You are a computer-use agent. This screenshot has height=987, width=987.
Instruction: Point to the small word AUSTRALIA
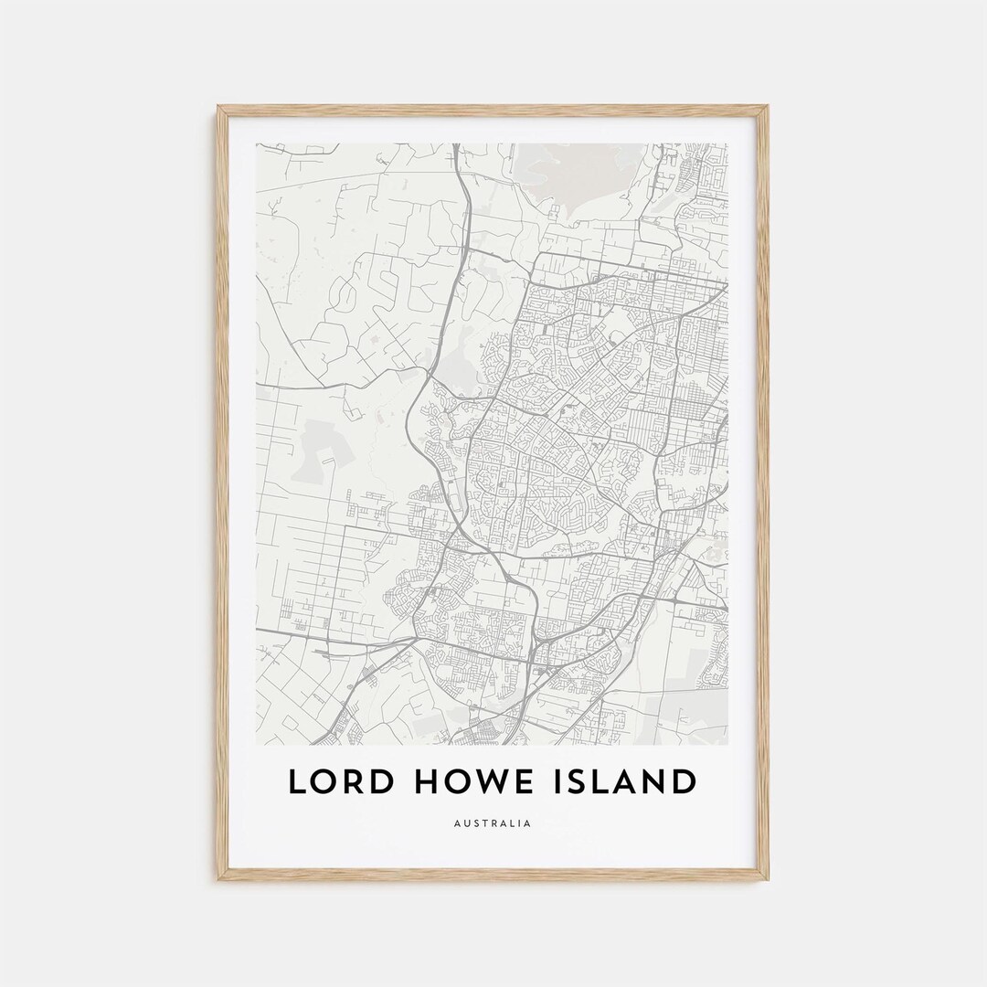(x=493, y=823)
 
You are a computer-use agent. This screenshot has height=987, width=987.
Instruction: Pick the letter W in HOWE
(x=498, y=782)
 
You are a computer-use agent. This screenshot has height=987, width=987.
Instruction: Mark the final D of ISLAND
(x=682, y=782)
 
